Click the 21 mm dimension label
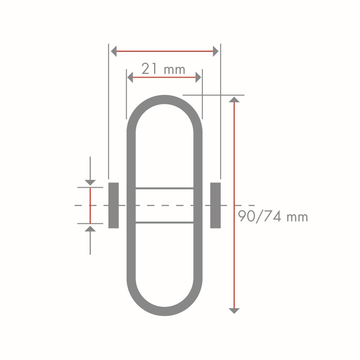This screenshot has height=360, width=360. coord(163,69)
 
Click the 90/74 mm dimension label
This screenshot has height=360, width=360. coord(273,216)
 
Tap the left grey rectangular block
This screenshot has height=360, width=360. coord(114,205)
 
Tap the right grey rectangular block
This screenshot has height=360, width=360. coord(215,205)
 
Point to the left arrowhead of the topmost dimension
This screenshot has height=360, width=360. coord(114,51)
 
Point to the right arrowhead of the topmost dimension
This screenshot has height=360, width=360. coord(215,51)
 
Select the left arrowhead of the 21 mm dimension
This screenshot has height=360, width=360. coord(130,77)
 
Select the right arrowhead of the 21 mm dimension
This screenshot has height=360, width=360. coord(199,77)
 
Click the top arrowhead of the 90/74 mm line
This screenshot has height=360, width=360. coord(234,99)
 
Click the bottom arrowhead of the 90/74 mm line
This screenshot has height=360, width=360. coord(234,311)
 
